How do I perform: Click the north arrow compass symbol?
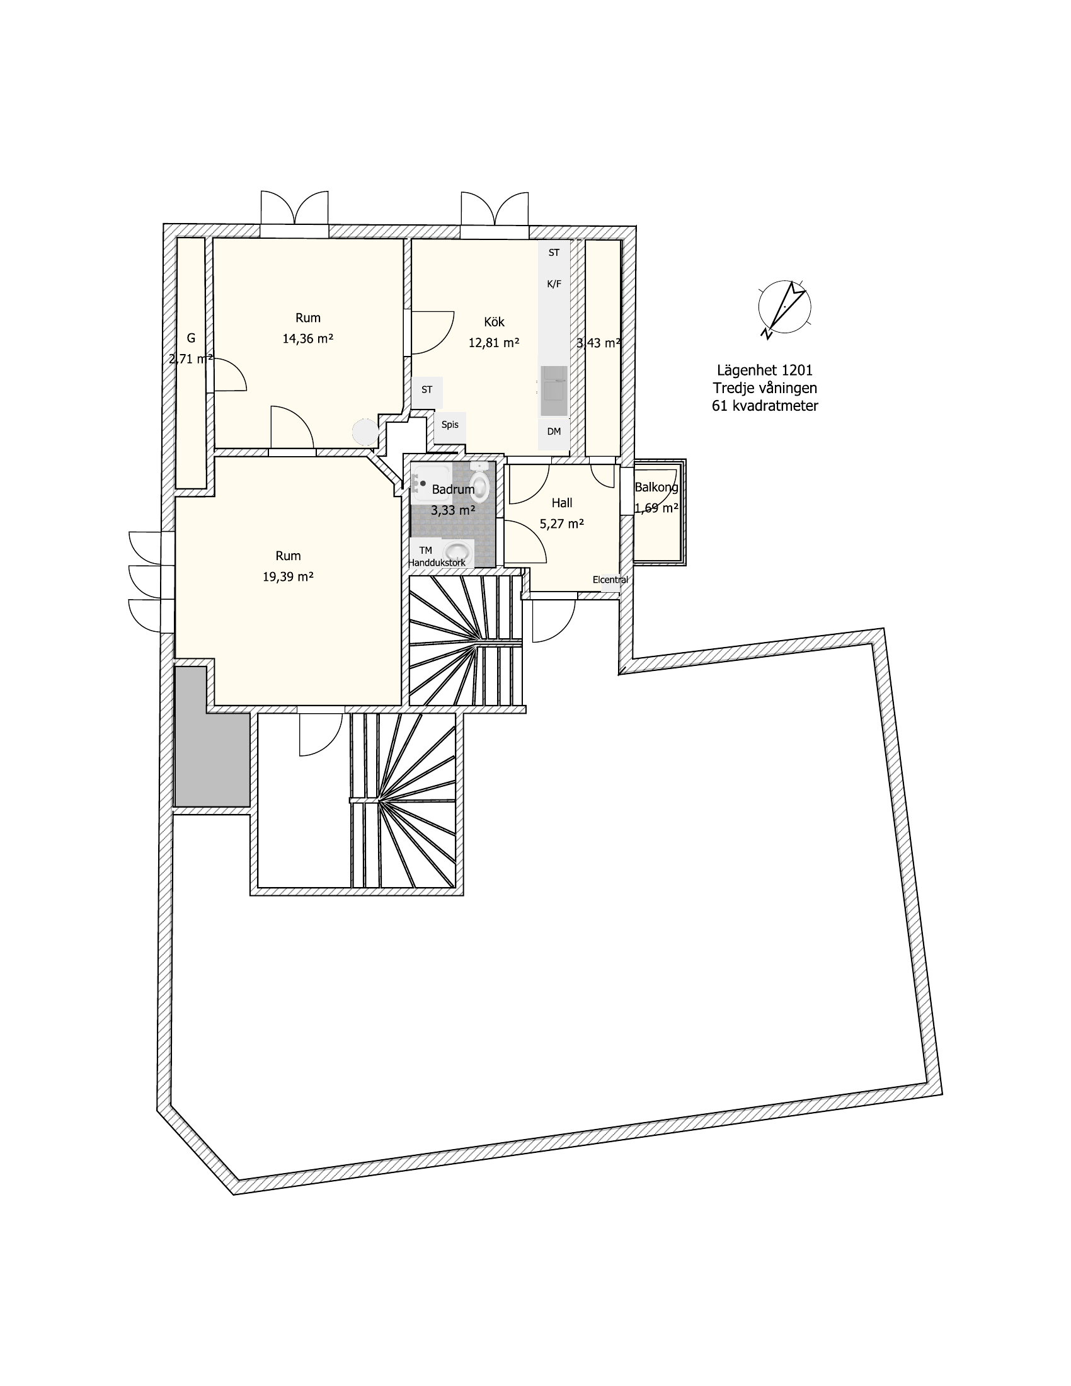(784, 309)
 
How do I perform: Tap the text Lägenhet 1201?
(765, 370)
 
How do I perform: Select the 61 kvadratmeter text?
(765, 406)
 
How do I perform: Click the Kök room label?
(494, 322)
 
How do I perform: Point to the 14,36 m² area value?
(307, 338)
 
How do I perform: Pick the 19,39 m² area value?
(288, 576)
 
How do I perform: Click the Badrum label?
(453, 490)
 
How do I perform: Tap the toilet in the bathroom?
(480, 484)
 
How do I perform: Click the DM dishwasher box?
(554, 432)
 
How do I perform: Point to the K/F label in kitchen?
(554, 283)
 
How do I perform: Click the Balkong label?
(656, 488)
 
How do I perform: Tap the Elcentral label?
(610, 580)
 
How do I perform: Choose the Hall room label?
(561, 503)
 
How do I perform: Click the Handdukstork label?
(437, 562)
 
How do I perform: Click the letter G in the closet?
(191, 338)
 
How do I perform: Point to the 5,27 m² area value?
(561, 524)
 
